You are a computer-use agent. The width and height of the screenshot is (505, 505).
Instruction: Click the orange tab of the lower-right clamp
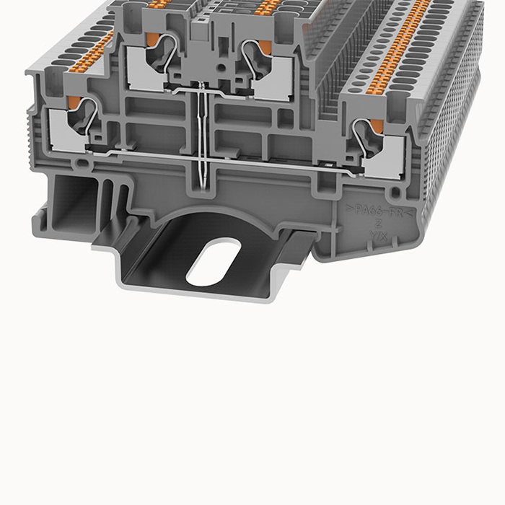click(x=377, y=128)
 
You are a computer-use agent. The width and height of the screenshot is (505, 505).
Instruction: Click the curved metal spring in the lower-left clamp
click(x=88, y=115)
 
